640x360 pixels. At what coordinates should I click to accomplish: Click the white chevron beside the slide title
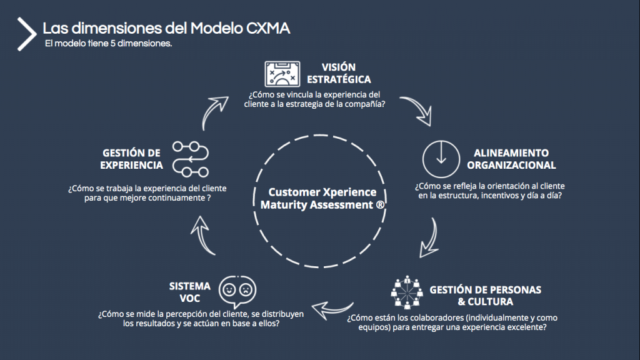(x=27, y=34)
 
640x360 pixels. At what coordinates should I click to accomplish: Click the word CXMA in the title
(x=268, y=29)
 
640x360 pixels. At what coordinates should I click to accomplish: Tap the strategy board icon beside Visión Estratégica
(x=282, y=74)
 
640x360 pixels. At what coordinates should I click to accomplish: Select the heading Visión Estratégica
(x=339, y=73)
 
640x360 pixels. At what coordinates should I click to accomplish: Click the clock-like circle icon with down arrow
(x=441, y=159)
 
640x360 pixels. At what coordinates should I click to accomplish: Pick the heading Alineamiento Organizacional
(x=511, y=159)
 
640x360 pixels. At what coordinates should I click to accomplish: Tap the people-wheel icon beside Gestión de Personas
(x=407, y=292)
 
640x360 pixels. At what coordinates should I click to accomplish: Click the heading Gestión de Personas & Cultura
(x=485, y=296)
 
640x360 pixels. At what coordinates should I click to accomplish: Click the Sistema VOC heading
(x=190, y=292)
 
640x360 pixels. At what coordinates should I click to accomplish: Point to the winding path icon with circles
(x=191, y=159)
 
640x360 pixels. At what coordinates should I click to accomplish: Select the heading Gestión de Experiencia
(x=131, y=159)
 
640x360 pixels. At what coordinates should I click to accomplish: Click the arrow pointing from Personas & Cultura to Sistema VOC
(x=331, y=310)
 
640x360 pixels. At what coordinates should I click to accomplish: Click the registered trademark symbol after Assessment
(x=380, y=204)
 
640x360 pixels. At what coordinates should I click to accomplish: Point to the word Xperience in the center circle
(x=350, y=192)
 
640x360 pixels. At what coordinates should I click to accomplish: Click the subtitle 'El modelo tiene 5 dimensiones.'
(x=108, y=43)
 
